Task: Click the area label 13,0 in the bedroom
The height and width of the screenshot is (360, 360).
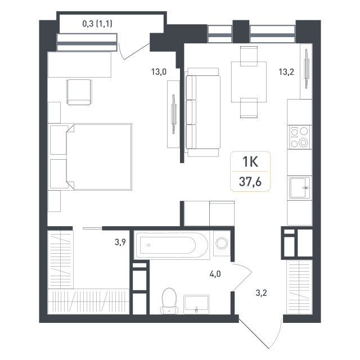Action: [159, 72]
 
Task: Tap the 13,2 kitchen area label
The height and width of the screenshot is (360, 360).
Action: [286, 72]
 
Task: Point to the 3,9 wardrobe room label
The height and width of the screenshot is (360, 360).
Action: [120, 242]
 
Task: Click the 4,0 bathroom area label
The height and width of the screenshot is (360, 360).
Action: [215, 274]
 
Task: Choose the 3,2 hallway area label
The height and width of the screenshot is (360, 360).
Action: [261, 293]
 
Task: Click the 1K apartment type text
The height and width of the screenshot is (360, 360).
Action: [250, 161]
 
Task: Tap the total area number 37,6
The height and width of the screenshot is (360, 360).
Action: [250, 182]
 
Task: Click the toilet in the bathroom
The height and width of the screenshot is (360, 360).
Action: [169, 301]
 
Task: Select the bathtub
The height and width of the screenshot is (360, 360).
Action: [172, 245]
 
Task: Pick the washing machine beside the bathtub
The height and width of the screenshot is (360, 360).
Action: [222, 244]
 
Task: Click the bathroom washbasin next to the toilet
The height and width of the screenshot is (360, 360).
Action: [196, 304]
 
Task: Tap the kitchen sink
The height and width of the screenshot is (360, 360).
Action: [299, 187]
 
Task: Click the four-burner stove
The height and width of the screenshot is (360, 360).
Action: [299, 137]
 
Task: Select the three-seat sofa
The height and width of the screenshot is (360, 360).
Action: [202, 112]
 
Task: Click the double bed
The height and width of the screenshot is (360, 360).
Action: [99, 157]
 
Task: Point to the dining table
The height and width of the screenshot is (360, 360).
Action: [249, 82]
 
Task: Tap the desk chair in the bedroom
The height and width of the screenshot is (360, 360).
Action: [79, 92]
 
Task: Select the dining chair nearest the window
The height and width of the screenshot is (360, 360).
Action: [249, 56]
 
